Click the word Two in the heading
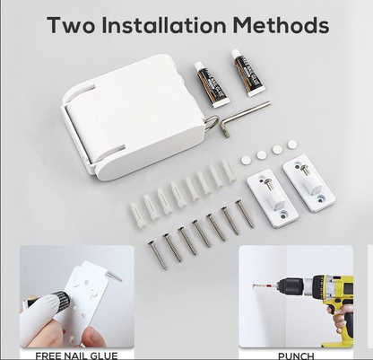click(72, 25)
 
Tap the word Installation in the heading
click(164, 25)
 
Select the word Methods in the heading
click(282, 25)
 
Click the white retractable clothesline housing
click(133, 117)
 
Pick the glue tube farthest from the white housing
click(247, 73)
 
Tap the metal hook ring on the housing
click(212, 123)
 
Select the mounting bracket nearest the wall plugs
click(273, 198)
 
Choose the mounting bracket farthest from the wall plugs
click(309, 183)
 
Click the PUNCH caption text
click(296, 356)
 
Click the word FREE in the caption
click(45, 356)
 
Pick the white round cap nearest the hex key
click(292, 145)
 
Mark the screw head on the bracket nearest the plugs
click(268, 181)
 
